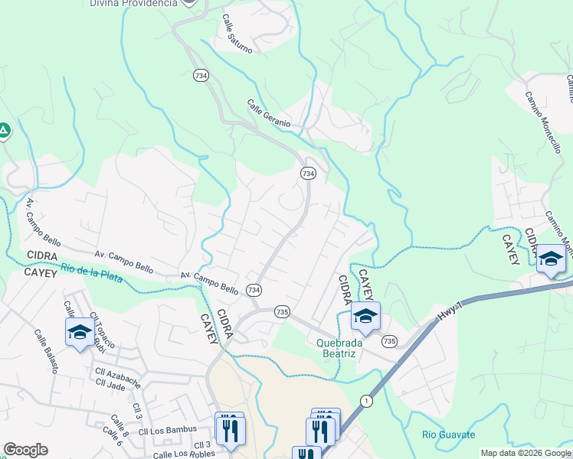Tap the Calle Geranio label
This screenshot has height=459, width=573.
click(x=269, y=112)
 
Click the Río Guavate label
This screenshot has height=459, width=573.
click(x=448, y=435)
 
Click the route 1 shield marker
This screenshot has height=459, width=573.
click(x=367, y=400)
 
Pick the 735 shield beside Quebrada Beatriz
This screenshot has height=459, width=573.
click(x=390, y=341)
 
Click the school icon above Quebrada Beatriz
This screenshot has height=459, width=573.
click(x=366, y=315)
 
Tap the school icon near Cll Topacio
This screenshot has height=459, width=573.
click(x=80, y=332)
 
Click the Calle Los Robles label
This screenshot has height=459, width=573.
click(x=184, y=454)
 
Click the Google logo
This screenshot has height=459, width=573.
click(x=25, y=450)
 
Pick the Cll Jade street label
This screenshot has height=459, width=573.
click(x=112, y=387)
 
